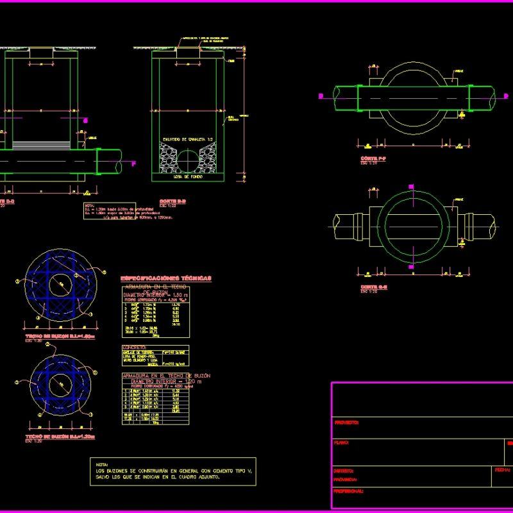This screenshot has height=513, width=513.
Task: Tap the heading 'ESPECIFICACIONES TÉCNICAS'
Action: click(x=166, y=278)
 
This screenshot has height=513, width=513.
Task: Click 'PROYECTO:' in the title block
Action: click(x=347, y=423)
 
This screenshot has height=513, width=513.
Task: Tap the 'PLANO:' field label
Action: click(x=342, y=442)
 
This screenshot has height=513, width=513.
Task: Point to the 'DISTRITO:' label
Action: click(x=345, y=471)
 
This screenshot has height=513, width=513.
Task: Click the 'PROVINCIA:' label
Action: click(x=346, y=479)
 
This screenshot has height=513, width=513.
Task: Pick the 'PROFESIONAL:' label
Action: click(x=349, y=491)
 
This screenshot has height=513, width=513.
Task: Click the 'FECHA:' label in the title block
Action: click(x=502, y=469)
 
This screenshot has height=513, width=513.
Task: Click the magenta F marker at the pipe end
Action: click(x=133, y=164)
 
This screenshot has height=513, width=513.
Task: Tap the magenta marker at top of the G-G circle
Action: click(x=412, y=187)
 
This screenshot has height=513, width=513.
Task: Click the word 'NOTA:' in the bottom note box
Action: click(x=102, y=464)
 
